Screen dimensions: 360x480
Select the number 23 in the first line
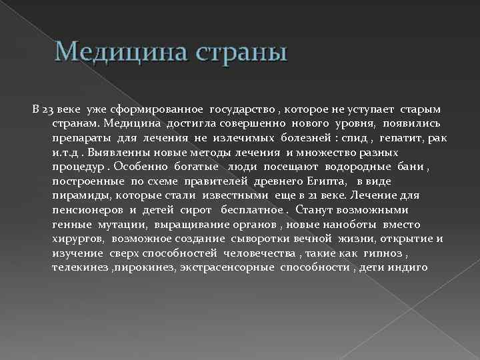(x=48, y=109)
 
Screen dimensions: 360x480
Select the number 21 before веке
(x=321, y=195)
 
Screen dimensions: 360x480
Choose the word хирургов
(x=79, y=239)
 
